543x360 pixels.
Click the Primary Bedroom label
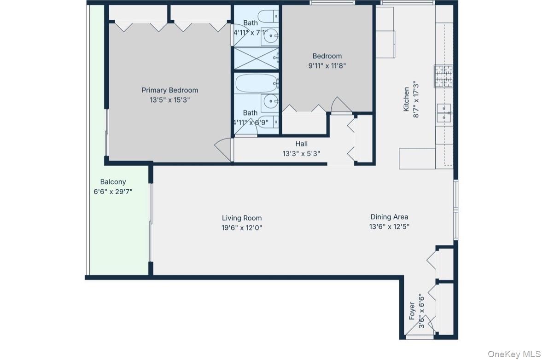point(169,90)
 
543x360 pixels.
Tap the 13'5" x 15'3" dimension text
point(169,99)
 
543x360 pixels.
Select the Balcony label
point(113,182)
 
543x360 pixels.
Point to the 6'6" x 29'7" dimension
point(113,191)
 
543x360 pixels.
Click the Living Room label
point(242,218)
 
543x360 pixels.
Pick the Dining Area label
point(389,217)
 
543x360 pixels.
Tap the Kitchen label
point(406,99)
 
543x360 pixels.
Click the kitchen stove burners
point(443,76)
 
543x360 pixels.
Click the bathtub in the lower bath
point(256,84)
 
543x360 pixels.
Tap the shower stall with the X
point(256,58)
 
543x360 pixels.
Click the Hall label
point(302,144)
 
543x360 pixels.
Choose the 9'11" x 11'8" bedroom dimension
point(327,65)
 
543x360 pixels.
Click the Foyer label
point(412,311)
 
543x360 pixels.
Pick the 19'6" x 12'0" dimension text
point(242,227)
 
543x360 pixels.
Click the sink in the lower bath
point(270,100)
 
